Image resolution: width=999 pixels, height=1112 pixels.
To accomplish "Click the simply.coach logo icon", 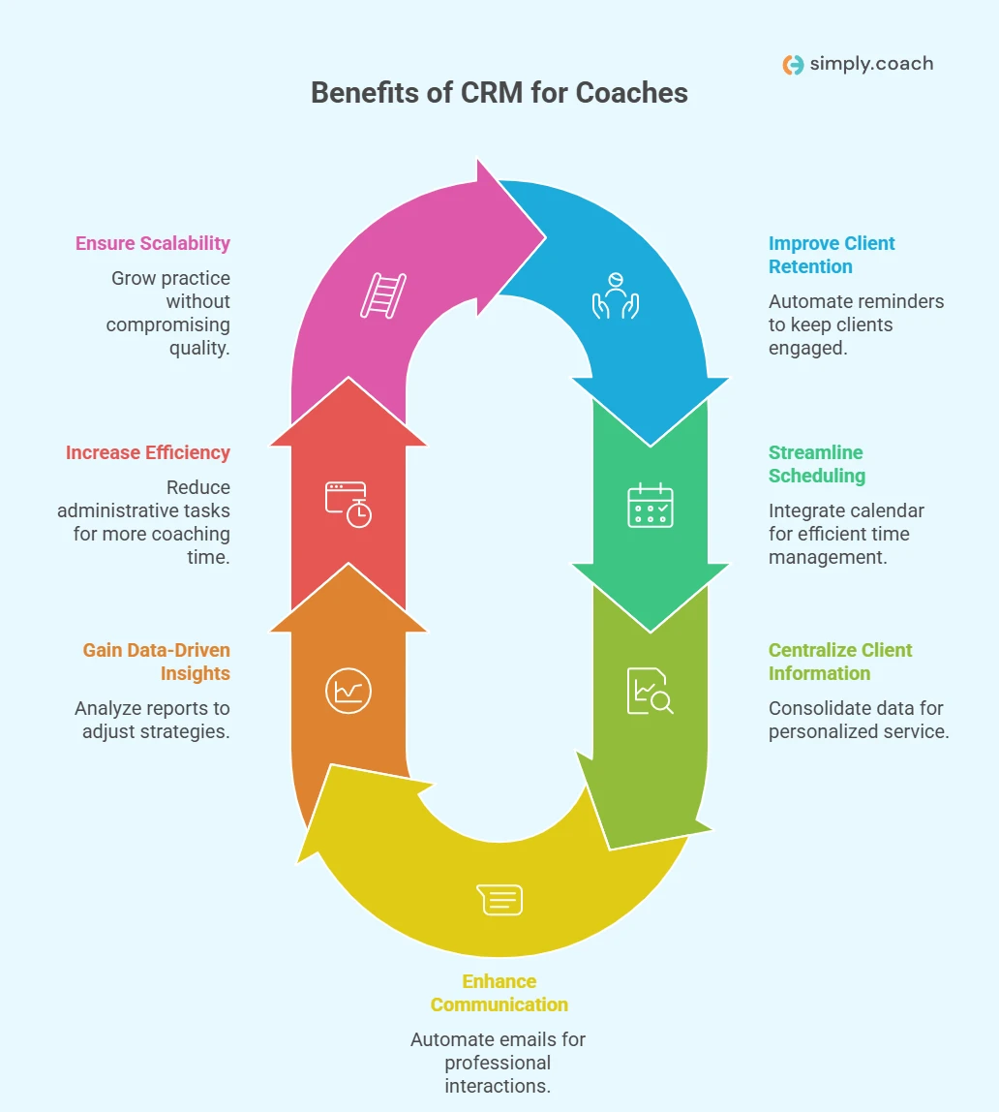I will [793, 65].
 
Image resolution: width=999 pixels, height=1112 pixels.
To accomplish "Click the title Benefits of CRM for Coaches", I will [499, 93].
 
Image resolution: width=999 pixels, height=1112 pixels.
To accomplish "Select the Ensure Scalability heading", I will [153, 243].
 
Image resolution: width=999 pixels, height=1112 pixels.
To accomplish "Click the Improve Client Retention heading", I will [832, 255].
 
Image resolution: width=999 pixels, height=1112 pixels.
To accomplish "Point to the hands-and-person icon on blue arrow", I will [616, 295].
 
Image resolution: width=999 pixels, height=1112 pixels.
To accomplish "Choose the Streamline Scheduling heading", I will [816, 464].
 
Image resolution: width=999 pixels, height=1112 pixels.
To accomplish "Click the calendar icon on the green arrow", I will [651, 505].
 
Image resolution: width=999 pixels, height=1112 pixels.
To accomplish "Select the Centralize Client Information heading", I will [839, 662].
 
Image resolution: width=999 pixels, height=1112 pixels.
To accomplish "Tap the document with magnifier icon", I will [650, 691].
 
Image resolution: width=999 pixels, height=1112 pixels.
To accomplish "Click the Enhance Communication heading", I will [499, 993].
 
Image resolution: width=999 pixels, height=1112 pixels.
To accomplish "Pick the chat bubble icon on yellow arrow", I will [500, 899].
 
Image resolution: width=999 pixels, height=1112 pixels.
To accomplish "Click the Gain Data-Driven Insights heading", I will [156, 662].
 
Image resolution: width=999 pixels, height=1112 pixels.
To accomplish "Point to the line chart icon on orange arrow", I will [348, 692].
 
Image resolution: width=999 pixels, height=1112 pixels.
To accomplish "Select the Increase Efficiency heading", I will [147, 452].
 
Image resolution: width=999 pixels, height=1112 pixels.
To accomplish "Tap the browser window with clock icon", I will [348, 505].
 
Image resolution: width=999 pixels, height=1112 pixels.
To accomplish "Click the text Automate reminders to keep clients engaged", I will [856, 324].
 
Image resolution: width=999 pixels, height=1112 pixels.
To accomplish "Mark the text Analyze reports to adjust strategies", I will [152, 720].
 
